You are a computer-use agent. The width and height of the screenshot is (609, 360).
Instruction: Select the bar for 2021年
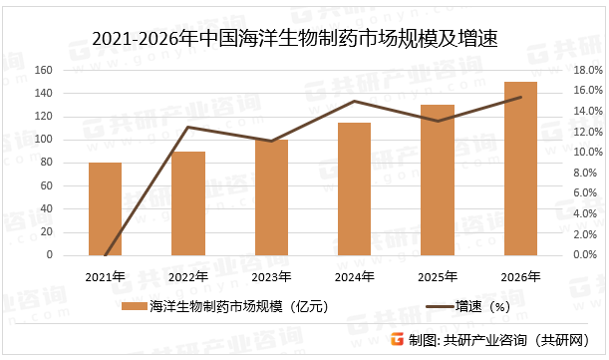coord(105,208)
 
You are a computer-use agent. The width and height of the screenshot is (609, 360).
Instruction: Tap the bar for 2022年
coord(187,203)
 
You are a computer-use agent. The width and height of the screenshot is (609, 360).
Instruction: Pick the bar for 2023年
coord(270,197)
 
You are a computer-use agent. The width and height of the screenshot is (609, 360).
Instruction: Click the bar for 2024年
coord(354,188)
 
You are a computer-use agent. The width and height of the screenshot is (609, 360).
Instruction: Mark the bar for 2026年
coord(519,169)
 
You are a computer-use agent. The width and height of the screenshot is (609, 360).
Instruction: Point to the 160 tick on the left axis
coord(71,71)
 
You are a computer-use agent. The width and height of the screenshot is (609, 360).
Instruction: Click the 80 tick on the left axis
coord(74,163)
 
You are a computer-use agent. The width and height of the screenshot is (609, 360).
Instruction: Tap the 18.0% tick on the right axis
coord(587,71)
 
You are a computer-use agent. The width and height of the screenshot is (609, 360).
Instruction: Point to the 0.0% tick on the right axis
coord(587,255)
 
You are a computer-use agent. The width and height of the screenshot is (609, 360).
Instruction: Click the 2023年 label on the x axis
coord(270,276)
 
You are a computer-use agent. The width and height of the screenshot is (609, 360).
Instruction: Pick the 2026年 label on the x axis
coord(519,276)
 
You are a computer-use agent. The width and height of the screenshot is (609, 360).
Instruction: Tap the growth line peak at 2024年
coord(354,101)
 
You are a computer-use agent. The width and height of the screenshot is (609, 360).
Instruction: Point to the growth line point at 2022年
coord(187,127)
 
